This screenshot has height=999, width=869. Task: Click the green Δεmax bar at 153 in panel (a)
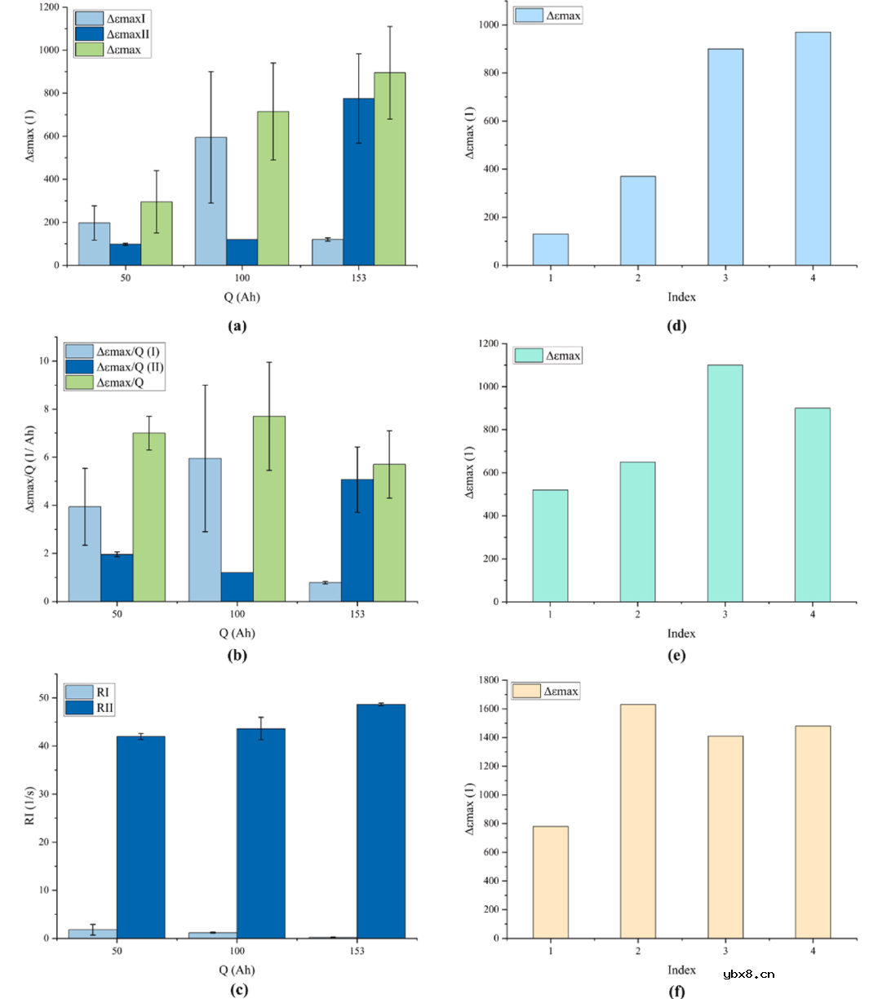tap(390, 169)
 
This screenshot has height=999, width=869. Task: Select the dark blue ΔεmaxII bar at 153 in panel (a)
tap(359, 181)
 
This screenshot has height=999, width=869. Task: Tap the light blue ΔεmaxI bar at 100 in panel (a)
tap(211, 201)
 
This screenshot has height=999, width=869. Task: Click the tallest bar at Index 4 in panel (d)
tap(813, 148)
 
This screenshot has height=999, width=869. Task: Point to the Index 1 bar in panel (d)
tap(551, 250)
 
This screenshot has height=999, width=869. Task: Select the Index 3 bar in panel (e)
tap(725, 483)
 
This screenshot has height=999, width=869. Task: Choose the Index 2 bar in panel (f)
tap(638, 820)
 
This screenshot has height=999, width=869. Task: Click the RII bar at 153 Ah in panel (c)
tap(381, 820)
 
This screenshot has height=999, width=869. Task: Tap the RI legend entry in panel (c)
tap(104, 692)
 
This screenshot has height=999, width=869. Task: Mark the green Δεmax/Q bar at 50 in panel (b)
tap(149, 517)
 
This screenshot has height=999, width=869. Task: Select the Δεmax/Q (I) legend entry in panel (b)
tap(128, 351)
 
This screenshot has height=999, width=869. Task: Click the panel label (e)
tap(677, 656)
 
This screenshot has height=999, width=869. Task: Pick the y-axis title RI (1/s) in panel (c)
tap(29, 806)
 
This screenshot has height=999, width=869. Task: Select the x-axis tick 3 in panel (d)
tap(725, 278)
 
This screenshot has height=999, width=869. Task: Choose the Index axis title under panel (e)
tap(681, 634)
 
